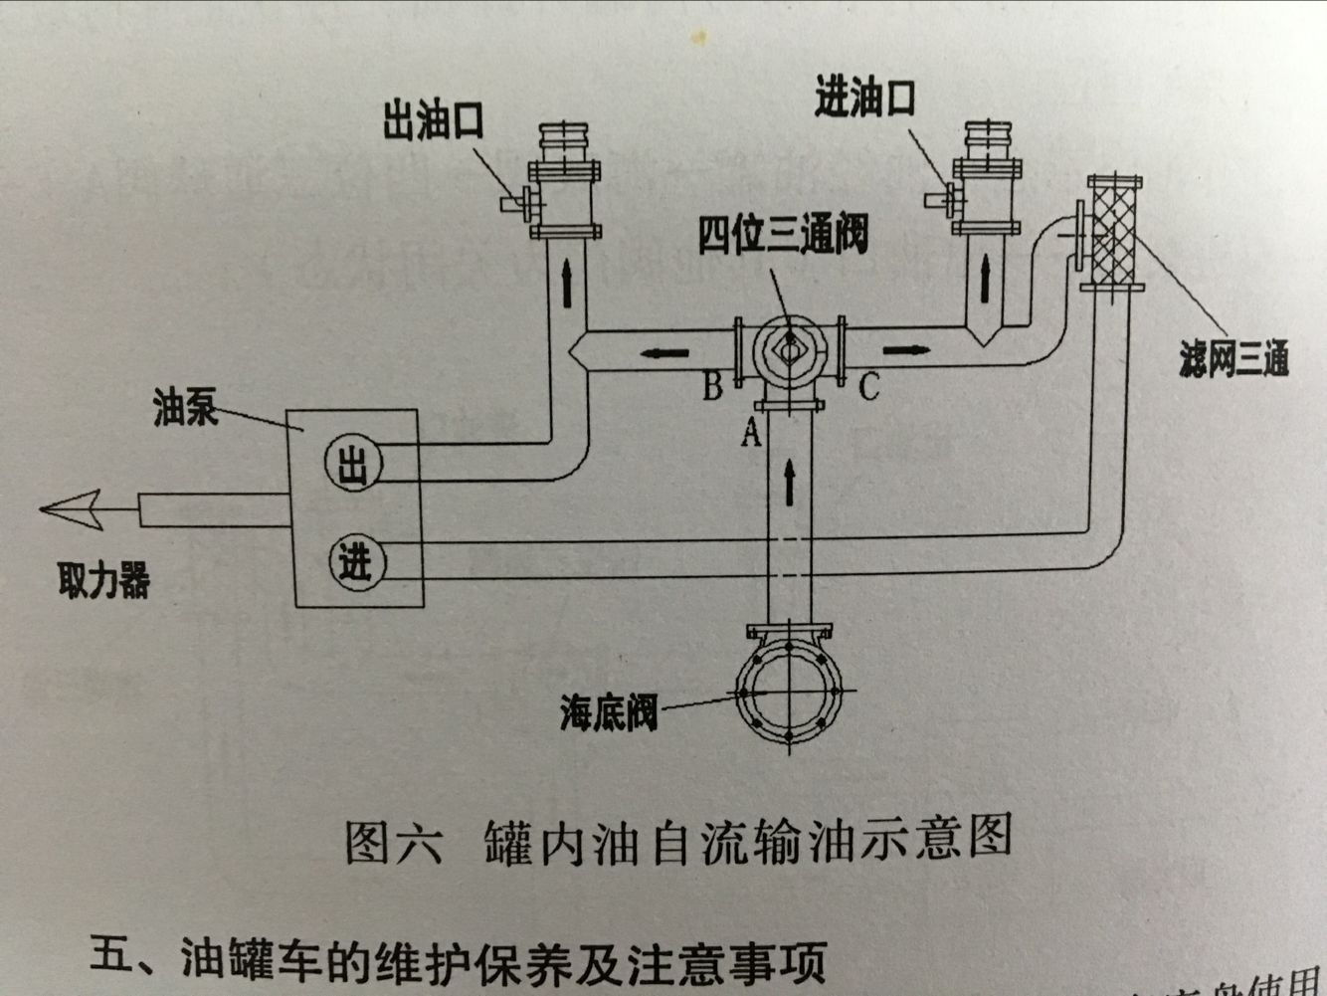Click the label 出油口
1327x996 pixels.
[434, 122]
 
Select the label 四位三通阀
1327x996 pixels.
[782, 235]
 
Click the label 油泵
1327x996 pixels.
[185, 408]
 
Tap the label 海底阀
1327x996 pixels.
[609, 712]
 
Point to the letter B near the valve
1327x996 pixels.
[712, 386]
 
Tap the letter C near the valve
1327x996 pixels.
[868, 386]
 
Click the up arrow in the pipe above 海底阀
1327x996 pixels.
[790, 482]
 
